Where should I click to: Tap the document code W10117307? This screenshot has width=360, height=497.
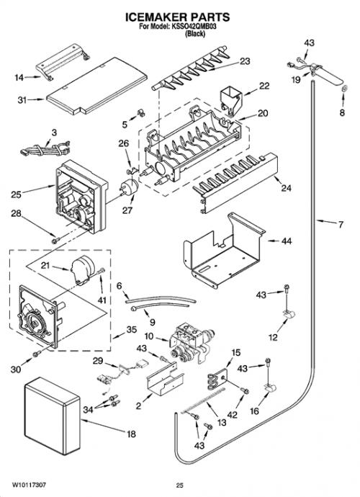pos(29,485)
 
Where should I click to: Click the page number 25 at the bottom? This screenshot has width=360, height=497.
pos(180,485)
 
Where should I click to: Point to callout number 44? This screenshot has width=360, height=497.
pos(287,241)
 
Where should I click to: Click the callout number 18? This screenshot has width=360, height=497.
pos(131,434)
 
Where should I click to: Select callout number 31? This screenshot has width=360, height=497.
pos(22,100)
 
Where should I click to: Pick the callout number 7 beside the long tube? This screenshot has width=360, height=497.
pos(341,225)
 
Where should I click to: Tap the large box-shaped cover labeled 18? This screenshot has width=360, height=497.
pos(52,416)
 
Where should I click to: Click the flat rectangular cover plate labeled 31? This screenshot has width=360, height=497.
pos(97,86)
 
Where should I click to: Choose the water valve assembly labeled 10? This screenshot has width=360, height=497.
pos(191,343)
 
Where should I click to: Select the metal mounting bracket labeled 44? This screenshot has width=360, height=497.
pos(224,251)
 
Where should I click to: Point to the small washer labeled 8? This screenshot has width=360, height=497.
pos(345,89)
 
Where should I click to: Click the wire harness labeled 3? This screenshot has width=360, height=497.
pos(45,148)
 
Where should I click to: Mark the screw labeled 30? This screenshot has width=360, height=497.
pos(37,353)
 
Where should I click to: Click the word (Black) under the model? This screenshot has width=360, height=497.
pos(195,34)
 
